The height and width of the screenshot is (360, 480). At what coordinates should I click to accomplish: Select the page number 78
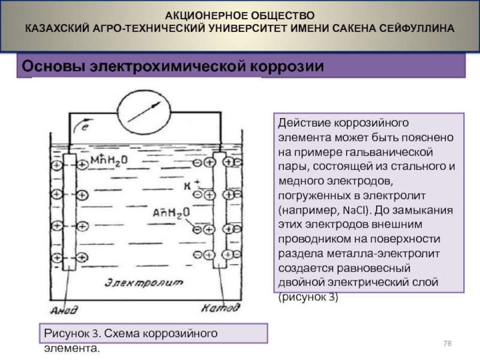pos(447,343)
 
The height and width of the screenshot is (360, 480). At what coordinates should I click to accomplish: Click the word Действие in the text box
pos(301,122)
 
